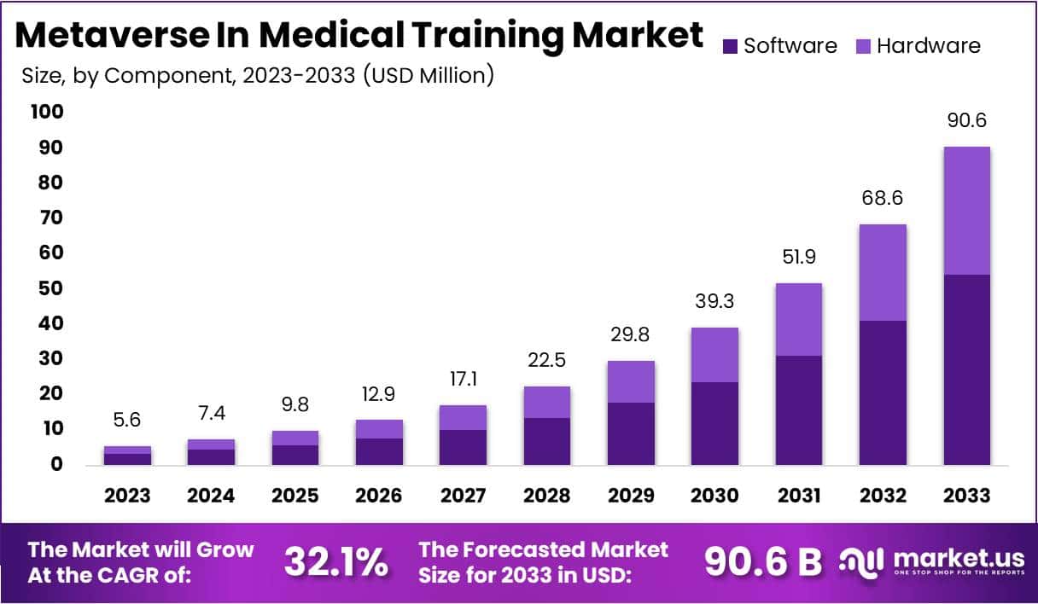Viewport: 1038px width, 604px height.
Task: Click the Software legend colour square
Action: (x=730, y=46)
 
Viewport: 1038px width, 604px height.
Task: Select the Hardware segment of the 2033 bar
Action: (x=966, y=211)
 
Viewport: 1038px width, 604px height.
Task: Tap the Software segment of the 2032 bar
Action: (x=883, y=392)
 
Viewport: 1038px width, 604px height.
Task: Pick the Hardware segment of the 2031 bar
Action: (x=799, y=319)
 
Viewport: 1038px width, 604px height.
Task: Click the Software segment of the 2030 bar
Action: (x=714, y=423)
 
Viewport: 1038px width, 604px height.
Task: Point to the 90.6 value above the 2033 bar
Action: (x=967, y=121)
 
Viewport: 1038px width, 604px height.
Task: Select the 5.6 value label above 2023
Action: (x=127, y=421)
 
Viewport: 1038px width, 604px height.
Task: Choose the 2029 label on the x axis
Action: (x=632, y=496)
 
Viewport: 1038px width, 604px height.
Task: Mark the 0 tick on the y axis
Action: (x=55, y=465)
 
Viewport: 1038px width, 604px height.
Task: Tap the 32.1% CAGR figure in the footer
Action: (x=336, y=562)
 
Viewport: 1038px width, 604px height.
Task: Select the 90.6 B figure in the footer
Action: (x=762, y=561)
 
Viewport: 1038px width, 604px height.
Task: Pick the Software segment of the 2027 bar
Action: (x=464, y=447)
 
